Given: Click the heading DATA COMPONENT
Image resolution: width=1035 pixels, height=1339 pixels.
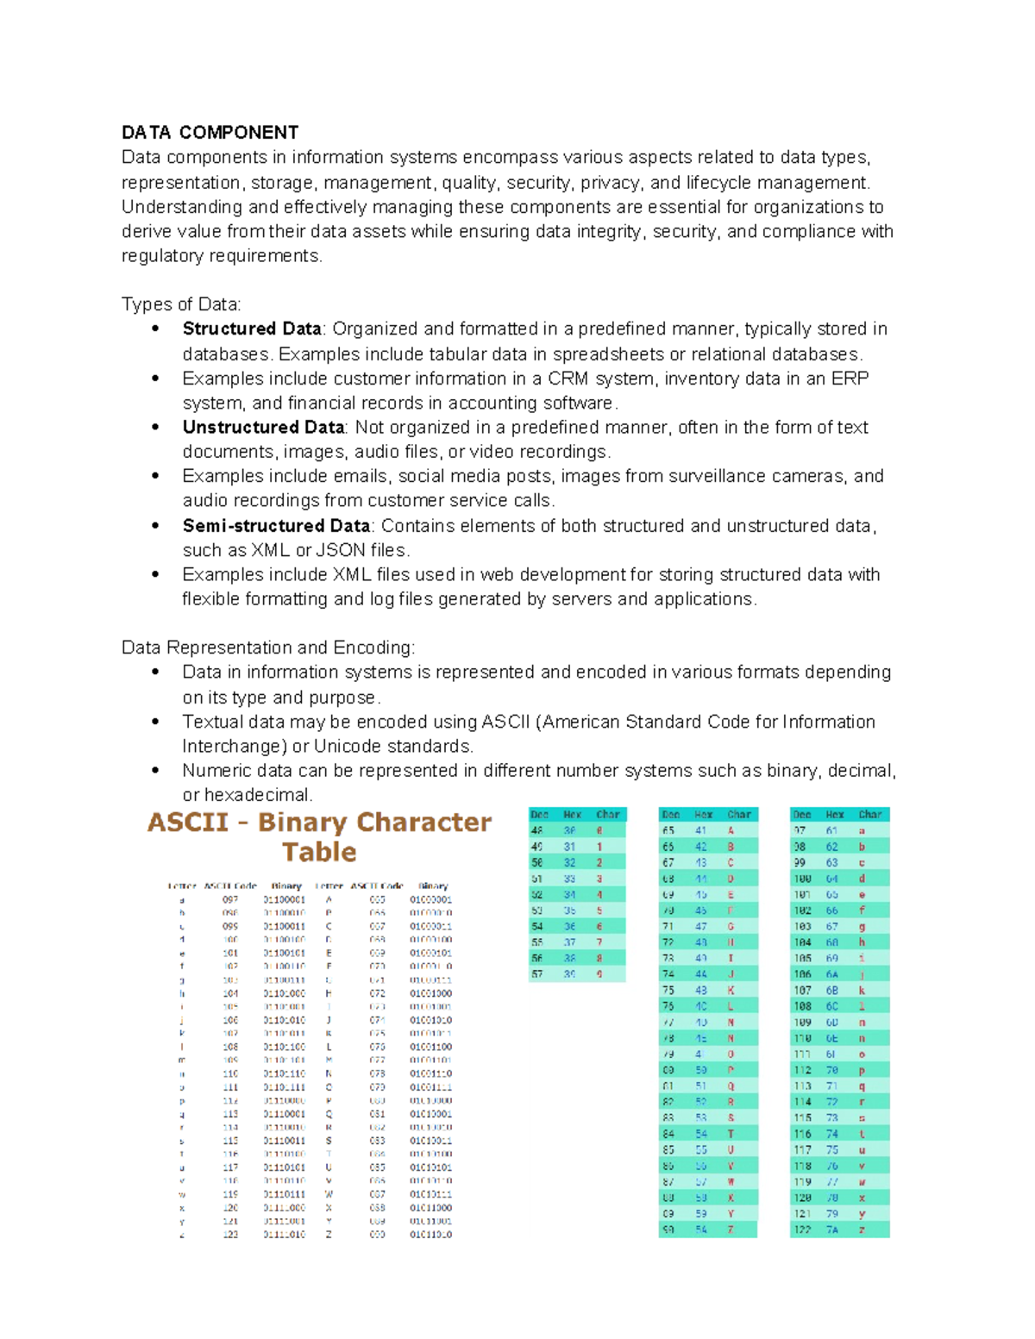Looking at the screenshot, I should [210, 132].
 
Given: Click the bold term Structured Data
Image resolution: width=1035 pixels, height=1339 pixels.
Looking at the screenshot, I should [252, 328].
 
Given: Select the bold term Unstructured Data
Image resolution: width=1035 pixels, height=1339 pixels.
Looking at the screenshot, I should [263, 427].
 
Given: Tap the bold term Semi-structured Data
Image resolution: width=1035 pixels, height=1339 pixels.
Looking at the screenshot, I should [276, 525].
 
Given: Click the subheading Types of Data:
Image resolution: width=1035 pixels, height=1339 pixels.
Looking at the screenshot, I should [181, 304].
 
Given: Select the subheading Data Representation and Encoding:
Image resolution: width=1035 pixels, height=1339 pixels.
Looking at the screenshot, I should [268, 648].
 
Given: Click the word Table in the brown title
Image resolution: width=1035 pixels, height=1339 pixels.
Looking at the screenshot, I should [319, 852].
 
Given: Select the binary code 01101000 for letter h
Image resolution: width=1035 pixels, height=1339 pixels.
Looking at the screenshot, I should [285, 993].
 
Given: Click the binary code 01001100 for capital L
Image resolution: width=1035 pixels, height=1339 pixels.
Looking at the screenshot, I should [430, 1047].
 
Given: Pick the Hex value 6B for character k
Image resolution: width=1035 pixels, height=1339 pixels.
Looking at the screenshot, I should [831, 990].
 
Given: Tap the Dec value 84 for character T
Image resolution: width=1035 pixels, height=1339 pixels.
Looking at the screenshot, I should [668, 1134].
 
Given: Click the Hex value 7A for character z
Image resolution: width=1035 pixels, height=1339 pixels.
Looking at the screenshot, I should [831, 1230].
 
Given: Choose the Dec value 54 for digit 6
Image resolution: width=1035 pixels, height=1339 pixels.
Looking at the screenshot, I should [537, 926].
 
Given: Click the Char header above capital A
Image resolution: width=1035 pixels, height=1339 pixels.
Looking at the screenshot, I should [739, 814].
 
